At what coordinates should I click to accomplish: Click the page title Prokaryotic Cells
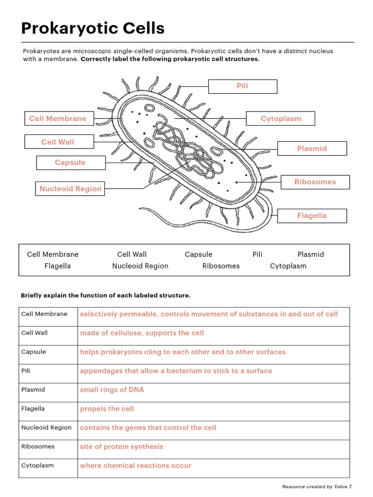(93, 29)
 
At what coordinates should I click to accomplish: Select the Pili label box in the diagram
(242, 86)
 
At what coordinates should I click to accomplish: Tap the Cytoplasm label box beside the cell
(281, 118)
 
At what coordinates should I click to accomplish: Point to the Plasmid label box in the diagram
(312, 149)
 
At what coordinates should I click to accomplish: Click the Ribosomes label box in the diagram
(315, 182)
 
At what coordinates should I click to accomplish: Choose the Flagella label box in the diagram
(312, 215)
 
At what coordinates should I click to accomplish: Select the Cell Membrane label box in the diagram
(58, 118)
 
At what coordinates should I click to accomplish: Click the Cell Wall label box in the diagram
(58, 142)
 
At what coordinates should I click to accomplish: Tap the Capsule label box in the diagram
(70, 163)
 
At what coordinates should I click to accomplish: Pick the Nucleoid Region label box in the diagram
(70, 189)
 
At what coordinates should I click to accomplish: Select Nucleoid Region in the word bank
(140, 266)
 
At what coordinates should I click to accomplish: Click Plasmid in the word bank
(310, 254)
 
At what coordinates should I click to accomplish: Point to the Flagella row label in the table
(33, 409)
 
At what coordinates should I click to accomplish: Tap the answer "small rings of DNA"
(112, 390)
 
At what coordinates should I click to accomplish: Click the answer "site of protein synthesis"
(121, 447)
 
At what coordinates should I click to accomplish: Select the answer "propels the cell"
(107, 409)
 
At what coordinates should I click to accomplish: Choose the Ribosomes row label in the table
(38, 447)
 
